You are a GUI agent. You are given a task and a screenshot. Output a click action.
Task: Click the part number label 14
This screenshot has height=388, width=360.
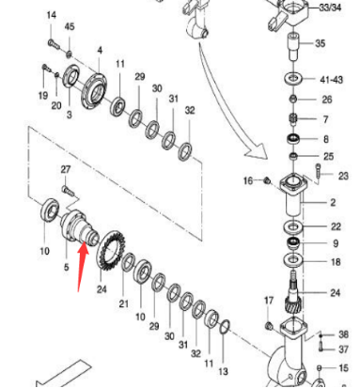[x=51, y=16]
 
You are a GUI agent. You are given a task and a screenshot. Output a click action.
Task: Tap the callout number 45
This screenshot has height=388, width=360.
[x=69, y=27]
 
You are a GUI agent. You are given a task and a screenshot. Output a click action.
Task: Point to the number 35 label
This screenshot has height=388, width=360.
[x=320, y=43]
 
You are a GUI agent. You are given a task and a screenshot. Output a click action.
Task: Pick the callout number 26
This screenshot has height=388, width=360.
[x=326, y=100]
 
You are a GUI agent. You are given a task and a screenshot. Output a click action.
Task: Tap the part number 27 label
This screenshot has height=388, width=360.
[x=66, y=169]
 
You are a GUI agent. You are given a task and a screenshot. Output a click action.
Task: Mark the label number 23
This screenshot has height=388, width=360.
[x=342, y=176]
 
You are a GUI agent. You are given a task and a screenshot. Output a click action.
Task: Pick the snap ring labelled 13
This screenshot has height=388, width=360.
[x=226, y=326]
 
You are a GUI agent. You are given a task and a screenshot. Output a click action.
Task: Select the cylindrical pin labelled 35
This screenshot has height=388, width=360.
[x=292, y=44]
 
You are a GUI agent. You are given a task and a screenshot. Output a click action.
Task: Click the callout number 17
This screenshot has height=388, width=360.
[x=268, y=301]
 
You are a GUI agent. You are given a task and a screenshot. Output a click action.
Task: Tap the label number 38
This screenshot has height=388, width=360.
[x=343, y=334]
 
